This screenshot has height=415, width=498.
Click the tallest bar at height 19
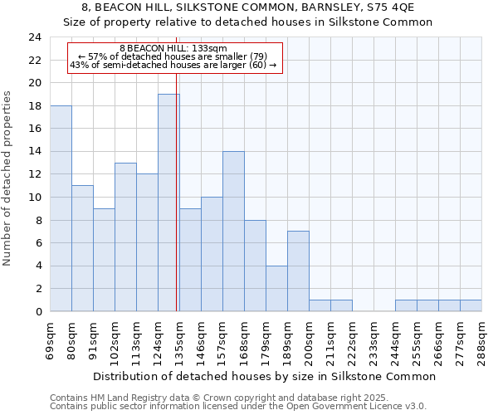168,203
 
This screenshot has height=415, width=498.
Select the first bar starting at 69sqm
61,208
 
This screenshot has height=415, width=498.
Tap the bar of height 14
233,232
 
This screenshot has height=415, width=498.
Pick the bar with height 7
298,271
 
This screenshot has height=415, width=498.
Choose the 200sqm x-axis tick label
310,339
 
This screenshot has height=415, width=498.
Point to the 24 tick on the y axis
34,37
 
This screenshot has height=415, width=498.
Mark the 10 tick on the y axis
34,198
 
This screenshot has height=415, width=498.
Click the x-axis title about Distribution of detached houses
264,376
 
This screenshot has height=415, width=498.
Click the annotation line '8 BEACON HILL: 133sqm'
173,49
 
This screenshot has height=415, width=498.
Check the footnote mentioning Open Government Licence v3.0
238,407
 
